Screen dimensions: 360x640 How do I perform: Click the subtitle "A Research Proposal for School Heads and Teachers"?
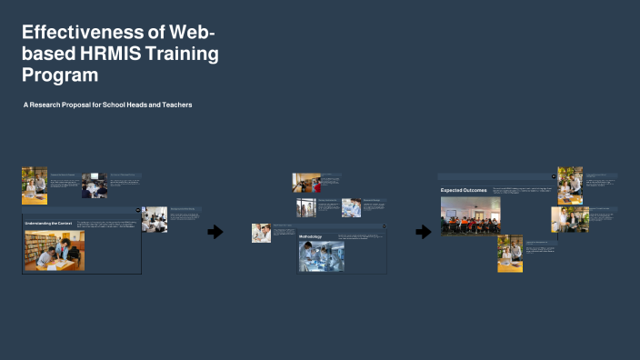pyautogui.click(x=107, y=105)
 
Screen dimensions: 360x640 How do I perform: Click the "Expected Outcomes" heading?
pyautogui.click(x=464, y=190)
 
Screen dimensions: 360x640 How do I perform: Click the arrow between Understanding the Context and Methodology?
pyautogui.click(x=215, y=232)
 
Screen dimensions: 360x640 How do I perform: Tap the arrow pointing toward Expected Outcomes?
pyautogui.click(x=423, y=232)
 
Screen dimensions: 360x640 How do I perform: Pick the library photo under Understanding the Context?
pyautogui.click(x=49, y=250)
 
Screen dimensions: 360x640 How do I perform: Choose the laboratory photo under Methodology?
pyautogui.click(x=321, y=255)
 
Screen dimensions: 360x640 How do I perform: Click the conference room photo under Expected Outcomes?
pyautogui.click(x=464, y=215)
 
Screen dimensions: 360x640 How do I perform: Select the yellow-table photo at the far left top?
pyautogui.click(x=35, y=185)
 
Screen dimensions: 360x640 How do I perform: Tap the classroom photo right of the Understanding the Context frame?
pyautogui.click(x=155, y=219)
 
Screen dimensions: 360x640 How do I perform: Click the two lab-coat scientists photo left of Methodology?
pyautogui.click(x=262, y=233)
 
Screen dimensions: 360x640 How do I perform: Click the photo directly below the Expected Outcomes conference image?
pyautogui.click(x=510, y=254)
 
